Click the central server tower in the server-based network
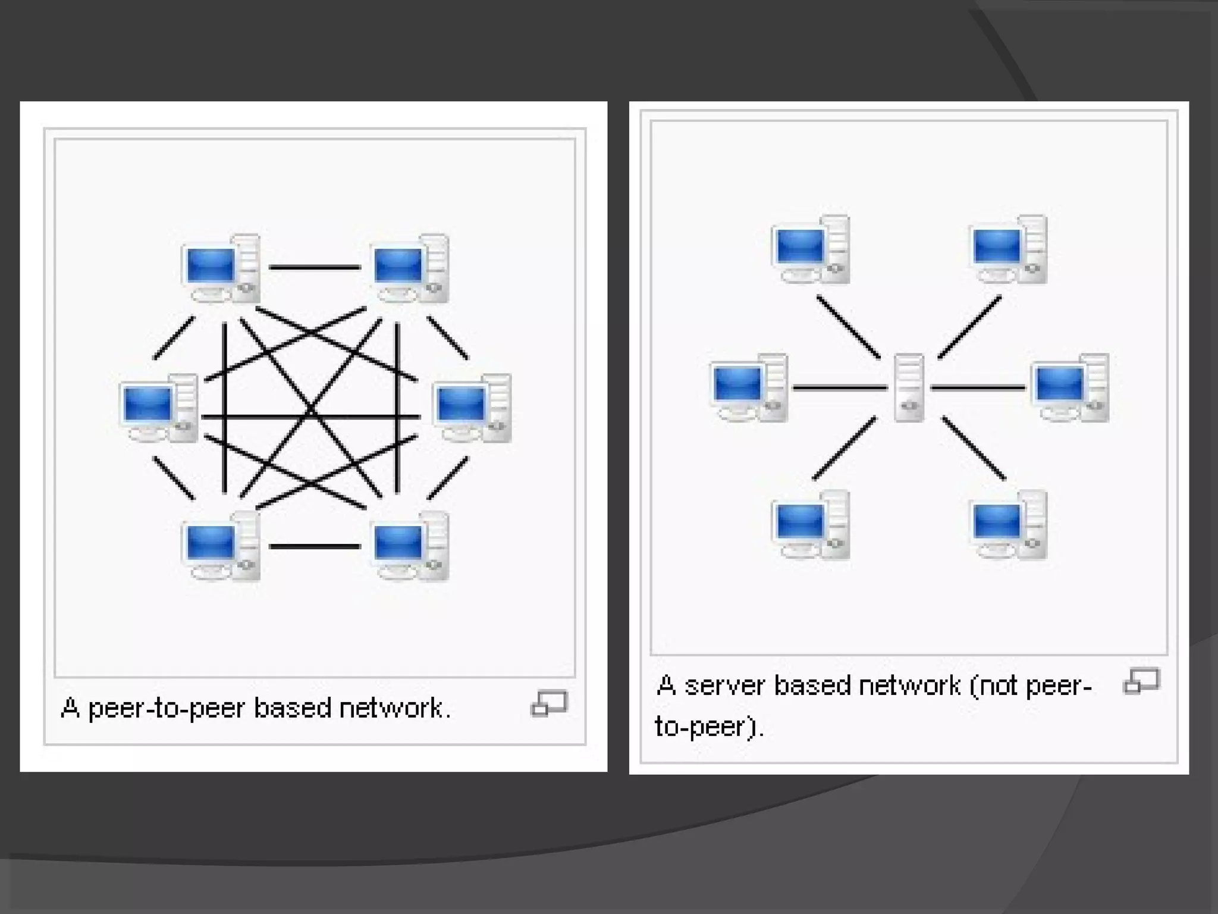click(x=909, y=388)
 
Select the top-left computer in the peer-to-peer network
click(x=221, y=268)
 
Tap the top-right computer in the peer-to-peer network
click(x=410, y=268)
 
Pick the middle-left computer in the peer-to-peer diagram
click(x=158, y=408)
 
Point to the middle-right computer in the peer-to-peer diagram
click(x=472, y=408)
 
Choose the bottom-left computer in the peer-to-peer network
click(x=221, y=546)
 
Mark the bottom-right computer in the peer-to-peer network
click(x=410, y=546)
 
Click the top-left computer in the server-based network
click(x=811, y=249)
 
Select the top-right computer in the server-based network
click(x=1008, y=249)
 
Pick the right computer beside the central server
click(x=1070, y=388)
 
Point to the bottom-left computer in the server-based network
click(x=811, y=525)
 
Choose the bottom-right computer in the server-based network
click(x=1008, y=525)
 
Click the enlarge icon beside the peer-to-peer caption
click(x=549, y=703)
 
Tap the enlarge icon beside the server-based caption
click(x=1141, y=681)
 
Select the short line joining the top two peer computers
click(x=315, y=268)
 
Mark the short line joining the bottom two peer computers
click(x=315, y=546)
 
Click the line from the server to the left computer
click(x=840, y=388)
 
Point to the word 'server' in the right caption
click(x=724, y=686)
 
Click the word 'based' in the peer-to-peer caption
click(x=292, y=708)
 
